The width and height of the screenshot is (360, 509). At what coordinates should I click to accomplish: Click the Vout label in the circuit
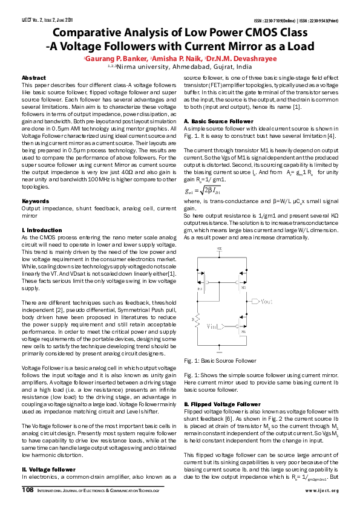pyautogui.click(x=267, y=300)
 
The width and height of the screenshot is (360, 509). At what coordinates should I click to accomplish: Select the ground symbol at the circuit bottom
pyautogui.click(x=219, y=349)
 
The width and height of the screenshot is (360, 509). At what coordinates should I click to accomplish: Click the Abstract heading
pyautogui.click(x=33, y=78)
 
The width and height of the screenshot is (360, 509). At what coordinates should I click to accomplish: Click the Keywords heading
pyautogui.click(x=35, y=200)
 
